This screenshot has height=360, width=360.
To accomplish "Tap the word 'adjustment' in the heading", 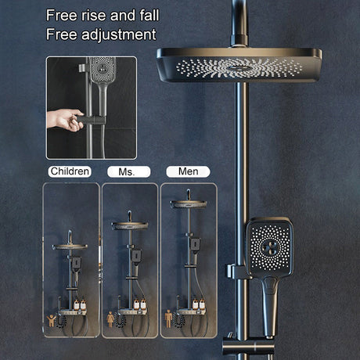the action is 119,35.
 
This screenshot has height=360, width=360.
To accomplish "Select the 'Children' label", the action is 70,171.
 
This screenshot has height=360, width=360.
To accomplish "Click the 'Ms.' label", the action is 129,172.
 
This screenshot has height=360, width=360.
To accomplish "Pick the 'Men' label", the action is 188,171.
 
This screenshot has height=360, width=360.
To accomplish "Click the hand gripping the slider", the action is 65,120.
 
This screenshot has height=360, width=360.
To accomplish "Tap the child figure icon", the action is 52,320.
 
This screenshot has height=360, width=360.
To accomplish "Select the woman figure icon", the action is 110,319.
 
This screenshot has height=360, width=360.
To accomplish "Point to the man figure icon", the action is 168,319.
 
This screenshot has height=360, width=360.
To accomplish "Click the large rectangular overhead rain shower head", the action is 239,65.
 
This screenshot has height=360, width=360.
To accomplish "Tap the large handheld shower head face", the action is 270,247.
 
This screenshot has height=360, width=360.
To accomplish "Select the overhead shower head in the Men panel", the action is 189,204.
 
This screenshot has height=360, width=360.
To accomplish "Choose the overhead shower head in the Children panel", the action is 70,247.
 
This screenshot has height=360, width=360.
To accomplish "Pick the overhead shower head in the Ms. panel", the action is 130,225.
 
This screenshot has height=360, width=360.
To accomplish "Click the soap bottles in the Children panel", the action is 80,304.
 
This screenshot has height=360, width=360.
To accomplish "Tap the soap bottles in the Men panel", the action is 199,304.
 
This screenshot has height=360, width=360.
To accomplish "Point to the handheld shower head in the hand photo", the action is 103,70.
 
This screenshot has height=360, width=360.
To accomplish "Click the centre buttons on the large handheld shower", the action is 270,247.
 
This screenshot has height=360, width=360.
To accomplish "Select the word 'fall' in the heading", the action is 149,16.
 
